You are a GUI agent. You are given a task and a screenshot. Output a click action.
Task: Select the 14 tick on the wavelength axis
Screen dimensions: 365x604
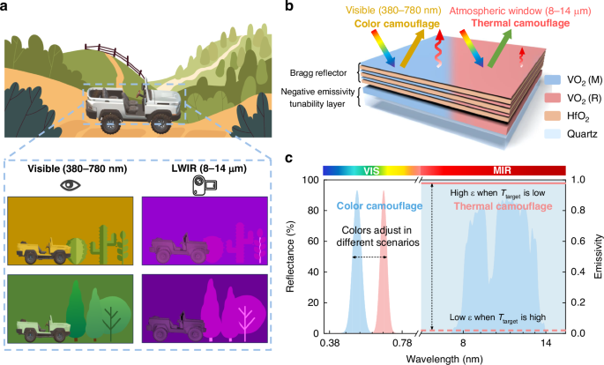(x=547, y=342)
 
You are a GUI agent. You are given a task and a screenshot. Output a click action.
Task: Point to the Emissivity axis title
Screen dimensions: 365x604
(x=597, y=256)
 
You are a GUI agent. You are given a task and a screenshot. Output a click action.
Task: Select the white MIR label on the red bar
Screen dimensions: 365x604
(x=492, y=168)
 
